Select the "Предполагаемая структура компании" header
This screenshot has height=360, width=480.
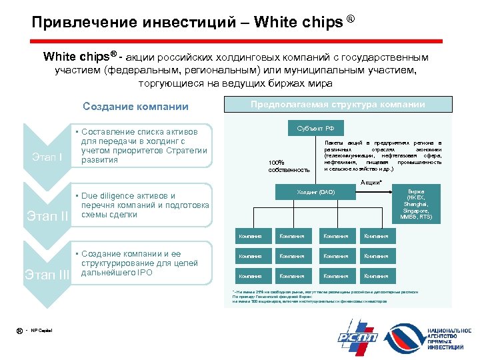[337, 105]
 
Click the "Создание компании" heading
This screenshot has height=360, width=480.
[135, 107]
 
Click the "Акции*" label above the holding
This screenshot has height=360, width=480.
[371, 182]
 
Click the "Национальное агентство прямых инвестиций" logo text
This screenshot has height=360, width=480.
[449, 339]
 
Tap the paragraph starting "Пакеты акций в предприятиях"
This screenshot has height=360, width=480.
[382, 156]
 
